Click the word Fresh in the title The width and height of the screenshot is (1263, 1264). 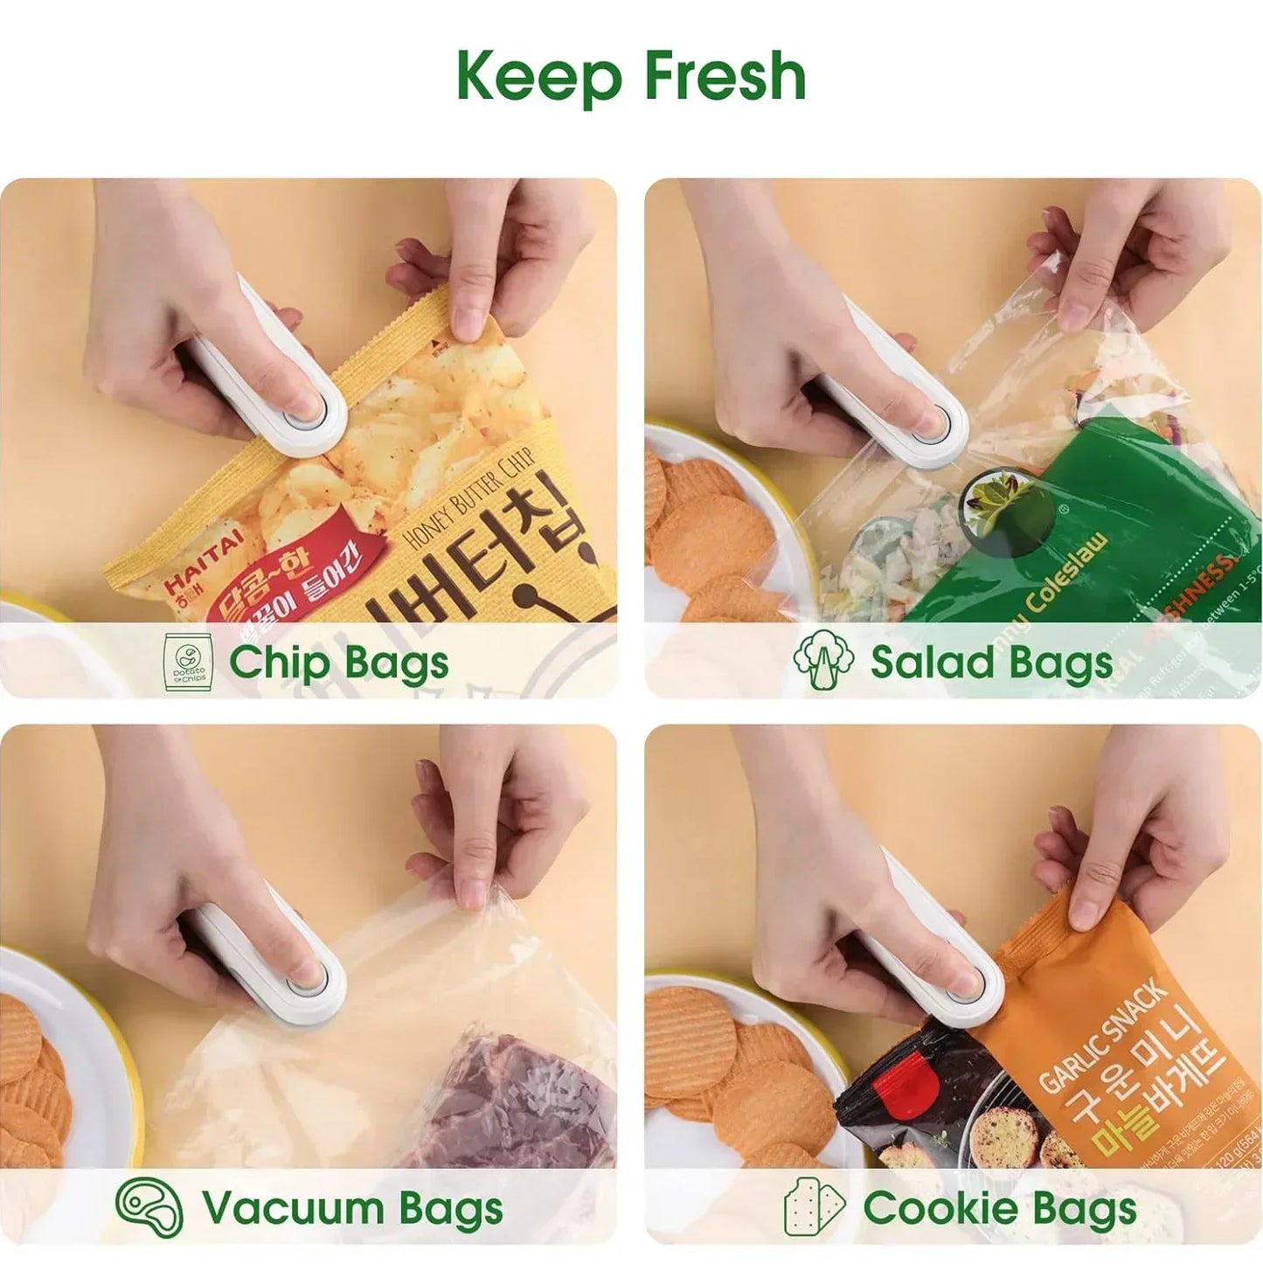(x=725, y=76)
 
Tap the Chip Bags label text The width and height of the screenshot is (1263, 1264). (x=339, y=662)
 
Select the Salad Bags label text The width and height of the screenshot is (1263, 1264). (x=991, y=662)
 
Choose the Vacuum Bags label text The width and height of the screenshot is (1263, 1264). (x=352, y=1208)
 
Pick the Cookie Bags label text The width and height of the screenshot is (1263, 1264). (x=1000, y=1208)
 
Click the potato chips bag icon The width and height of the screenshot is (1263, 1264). (x=188, y=662)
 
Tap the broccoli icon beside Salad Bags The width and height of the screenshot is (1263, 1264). (x=822, y=660)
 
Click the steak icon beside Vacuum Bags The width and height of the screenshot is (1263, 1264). (x=149, y=1207)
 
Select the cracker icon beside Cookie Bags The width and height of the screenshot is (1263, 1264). (x=813, y=1207)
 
